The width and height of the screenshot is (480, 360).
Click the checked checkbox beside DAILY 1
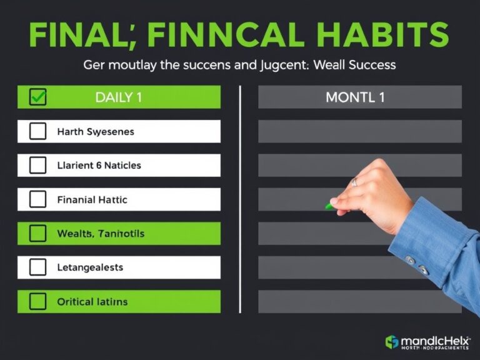38,97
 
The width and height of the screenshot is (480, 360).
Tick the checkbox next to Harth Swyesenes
38,131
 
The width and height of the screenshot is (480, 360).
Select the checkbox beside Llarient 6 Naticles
38,165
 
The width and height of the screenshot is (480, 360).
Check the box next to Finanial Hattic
38,199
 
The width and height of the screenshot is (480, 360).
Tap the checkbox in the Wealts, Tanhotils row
38,233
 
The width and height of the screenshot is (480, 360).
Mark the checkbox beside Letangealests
38,267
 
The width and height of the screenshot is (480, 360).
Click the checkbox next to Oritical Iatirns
38,301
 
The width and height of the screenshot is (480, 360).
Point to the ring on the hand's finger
354,182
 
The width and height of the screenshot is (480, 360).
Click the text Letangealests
90,267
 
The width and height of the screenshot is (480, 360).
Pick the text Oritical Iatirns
92,301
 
